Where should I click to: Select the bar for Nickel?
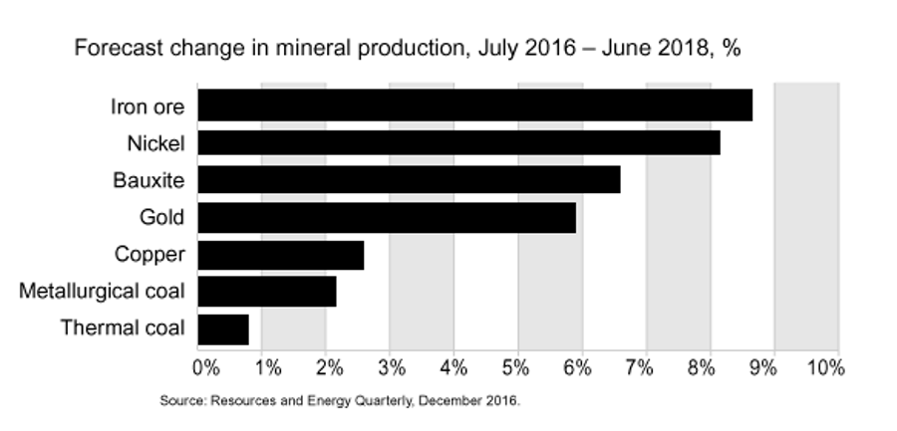point(458,142)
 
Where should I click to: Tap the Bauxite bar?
point(409,180)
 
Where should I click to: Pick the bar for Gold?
point(387,217)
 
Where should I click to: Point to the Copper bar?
point(281,255)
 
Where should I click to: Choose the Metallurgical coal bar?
point(267,292)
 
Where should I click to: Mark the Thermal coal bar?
point(223,328)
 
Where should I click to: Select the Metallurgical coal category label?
point(102,292)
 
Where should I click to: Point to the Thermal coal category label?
point(123,328)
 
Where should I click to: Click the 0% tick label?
point(205,367)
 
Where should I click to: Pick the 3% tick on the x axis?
point(392,367)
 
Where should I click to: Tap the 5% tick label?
point(516,367)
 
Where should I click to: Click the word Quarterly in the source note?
point(374,402)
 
